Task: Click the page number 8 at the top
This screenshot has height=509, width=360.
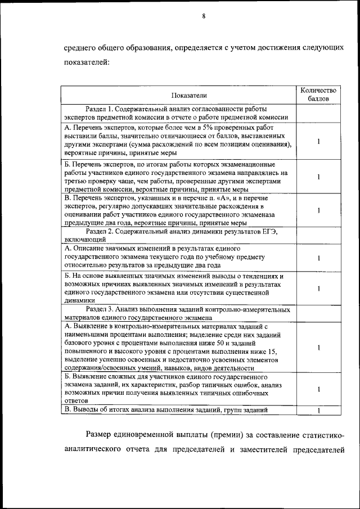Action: click(204, 16)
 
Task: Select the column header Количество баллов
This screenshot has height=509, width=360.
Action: click(318, 94)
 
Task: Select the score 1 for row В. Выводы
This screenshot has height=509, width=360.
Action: click(318, 410)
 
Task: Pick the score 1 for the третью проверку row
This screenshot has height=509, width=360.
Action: click(318, 177)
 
